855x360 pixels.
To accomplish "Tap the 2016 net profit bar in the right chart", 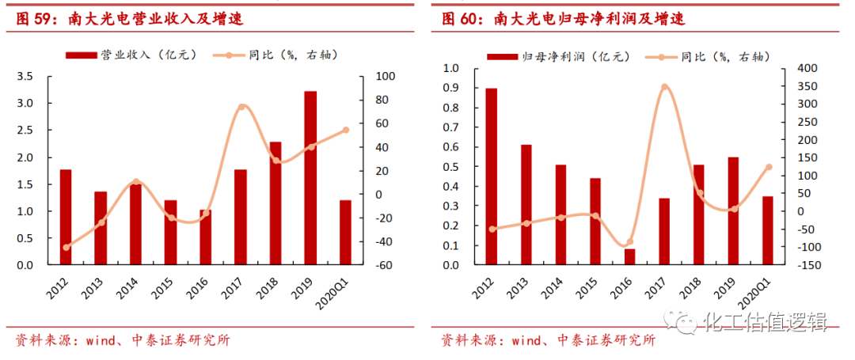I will pyautogui.click(x=629, y=256).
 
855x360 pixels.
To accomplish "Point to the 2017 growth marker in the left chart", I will pyautogui.click(x=241, y=108).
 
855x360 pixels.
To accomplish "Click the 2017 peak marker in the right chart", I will pyautogui.click(x=665, y=88).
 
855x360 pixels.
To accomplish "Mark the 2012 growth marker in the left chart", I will pyautogui.click(x=66, y=247).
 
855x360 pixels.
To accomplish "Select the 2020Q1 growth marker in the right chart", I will pyautogui.click(x=768, y=167).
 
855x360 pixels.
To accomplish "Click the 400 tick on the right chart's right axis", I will pyautogui.click(x=799, y=69).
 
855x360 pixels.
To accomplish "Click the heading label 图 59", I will pyautogui.click(x=36, y=18).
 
